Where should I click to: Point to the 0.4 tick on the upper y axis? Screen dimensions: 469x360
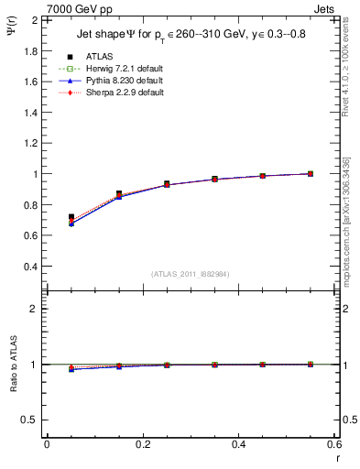click(x=30, y=267)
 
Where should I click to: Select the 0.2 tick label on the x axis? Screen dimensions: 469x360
click(x=143, y=444)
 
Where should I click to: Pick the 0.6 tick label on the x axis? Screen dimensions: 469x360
click(x=335, y=444)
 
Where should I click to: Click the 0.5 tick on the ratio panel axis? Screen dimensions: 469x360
click(x=30, y=420)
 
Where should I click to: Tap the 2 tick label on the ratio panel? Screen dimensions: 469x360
click(x=35, y=309)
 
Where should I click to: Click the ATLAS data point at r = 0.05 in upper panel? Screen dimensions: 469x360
click(x=71, y=217)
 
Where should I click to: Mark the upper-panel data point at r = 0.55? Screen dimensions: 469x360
click(x=311, y=173)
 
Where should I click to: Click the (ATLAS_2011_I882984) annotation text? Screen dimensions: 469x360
click(x=190, y=274)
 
